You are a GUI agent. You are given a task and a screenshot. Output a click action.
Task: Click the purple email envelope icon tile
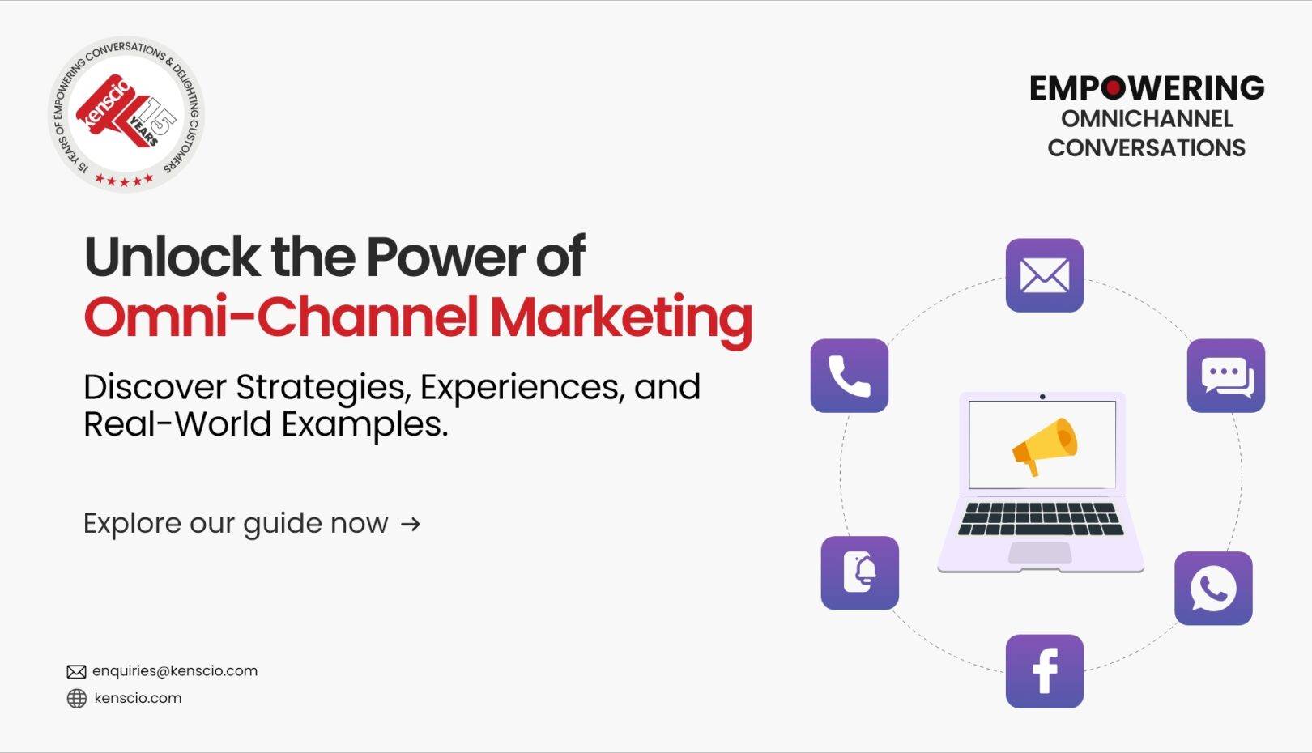1044,275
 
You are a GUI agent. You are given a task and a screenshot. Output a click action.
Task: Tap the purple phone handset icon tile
850,376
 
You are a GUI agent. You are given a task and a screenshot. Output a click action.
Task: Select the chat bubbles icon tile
1226,376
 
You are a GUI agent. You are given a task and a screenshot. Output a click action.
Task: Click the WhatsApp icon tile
1213,589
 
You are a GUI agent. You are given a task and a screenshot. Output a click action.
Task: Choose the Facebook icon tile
1044,671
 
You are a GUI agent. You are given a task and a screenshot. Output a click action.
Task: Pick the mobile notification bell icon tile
860,573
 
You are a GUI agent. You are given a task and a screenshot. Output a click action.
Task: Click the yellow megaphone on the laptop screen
1045,445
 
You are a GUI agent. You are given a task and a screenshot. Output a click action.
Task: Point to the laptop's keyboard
1041,519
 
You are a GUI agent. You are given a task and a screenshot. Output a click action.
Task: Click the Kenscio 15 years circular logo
126,114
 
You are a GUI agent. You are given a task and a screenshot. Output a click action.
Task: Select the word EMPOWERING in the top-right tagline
1147,88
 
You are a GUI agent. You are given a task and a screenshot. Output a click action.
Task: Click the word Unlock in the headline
173,257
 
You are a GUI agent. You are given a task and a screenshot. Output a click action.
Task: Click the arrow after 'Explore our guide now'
411,524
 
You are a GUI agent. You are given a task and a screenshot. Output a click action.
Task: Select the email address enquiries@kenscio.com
175,671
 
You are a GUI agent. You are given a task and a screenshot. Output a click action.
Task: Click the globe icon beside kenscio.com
77,698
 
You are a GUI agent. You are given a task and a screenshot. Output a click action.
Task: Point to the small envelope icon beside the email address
76,671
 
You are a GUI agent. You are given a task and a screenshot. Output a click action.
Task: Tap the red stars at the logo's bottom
124,179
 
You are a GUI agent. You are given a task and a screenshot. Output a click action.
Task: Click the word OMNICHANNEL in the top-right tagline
1147,120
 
